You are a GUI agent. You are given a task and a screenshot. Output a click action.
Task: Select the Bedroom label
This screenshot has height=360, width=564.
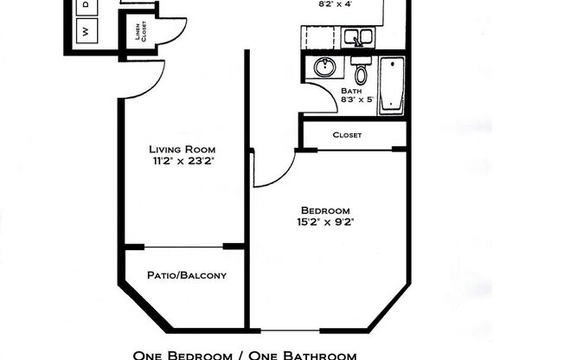tap(324, 209)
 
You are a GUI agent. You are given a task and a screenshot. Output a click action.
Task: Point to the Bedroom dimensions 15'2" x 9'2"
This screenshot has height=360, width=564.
tap(324, 222)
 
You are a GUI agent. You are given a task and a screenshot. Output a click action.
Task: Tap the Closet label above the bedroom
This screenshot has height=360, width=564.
tap(347, 135)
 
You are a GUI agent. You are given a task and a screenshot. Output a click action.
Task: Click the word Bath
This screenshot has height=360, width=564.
tap(351, 91)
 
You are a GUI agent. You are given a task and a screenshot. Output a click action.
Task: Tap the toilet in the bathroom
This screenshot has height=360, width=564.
tap(359, 69)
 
